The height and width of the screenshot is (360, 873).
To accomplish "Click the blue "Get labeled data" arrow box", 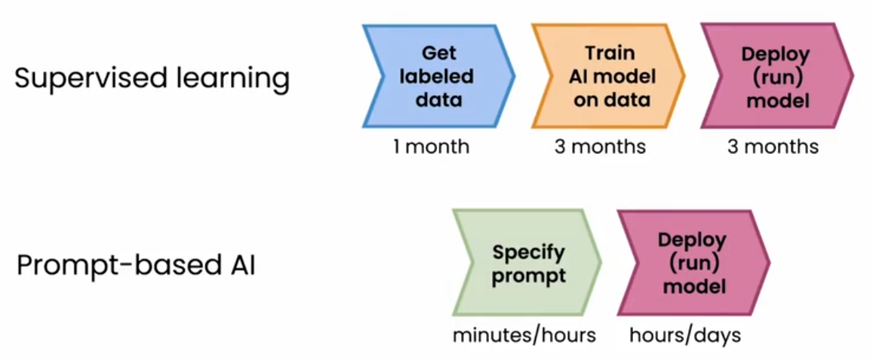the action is (x=438, y=76).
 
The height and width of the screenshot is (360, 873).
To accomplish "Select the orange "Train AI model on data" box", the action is (x=609, y=76).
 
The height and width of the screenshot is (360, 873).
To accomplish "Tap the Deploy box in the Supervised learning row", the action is (x=776, y=76).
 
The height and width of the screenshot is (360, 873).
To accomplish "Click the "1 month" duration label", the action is (x=432, y=146).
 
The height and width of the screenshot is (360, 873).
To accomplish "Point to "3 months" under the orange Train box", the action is (x=600, y=146).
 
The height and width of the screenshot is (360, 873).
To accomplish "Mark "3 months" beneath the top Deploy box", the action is (x=773, y=146).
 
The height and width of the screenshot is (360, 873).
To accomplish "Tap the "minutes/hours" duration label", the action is (x=524, y=336).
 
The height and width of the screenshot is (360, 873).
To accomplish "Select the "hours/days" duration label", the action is (x=685, y=336).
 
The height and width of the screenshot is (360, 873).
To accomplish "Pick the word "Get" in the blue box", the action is (x=438, y=54).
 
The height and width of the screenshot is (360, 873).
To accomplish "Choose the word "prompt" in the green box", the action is (x=528, y=276).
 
